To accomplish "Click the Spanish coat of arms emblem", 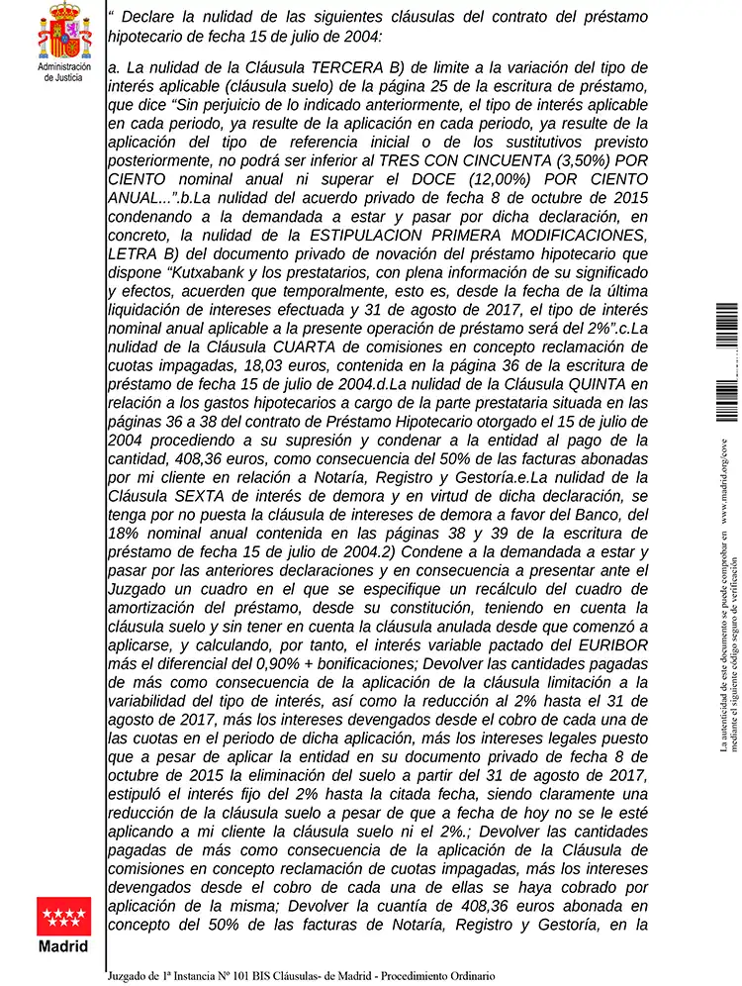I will tap(64, 31).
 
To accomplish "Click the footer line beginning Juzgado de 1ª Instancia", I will tap(302, 975).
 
